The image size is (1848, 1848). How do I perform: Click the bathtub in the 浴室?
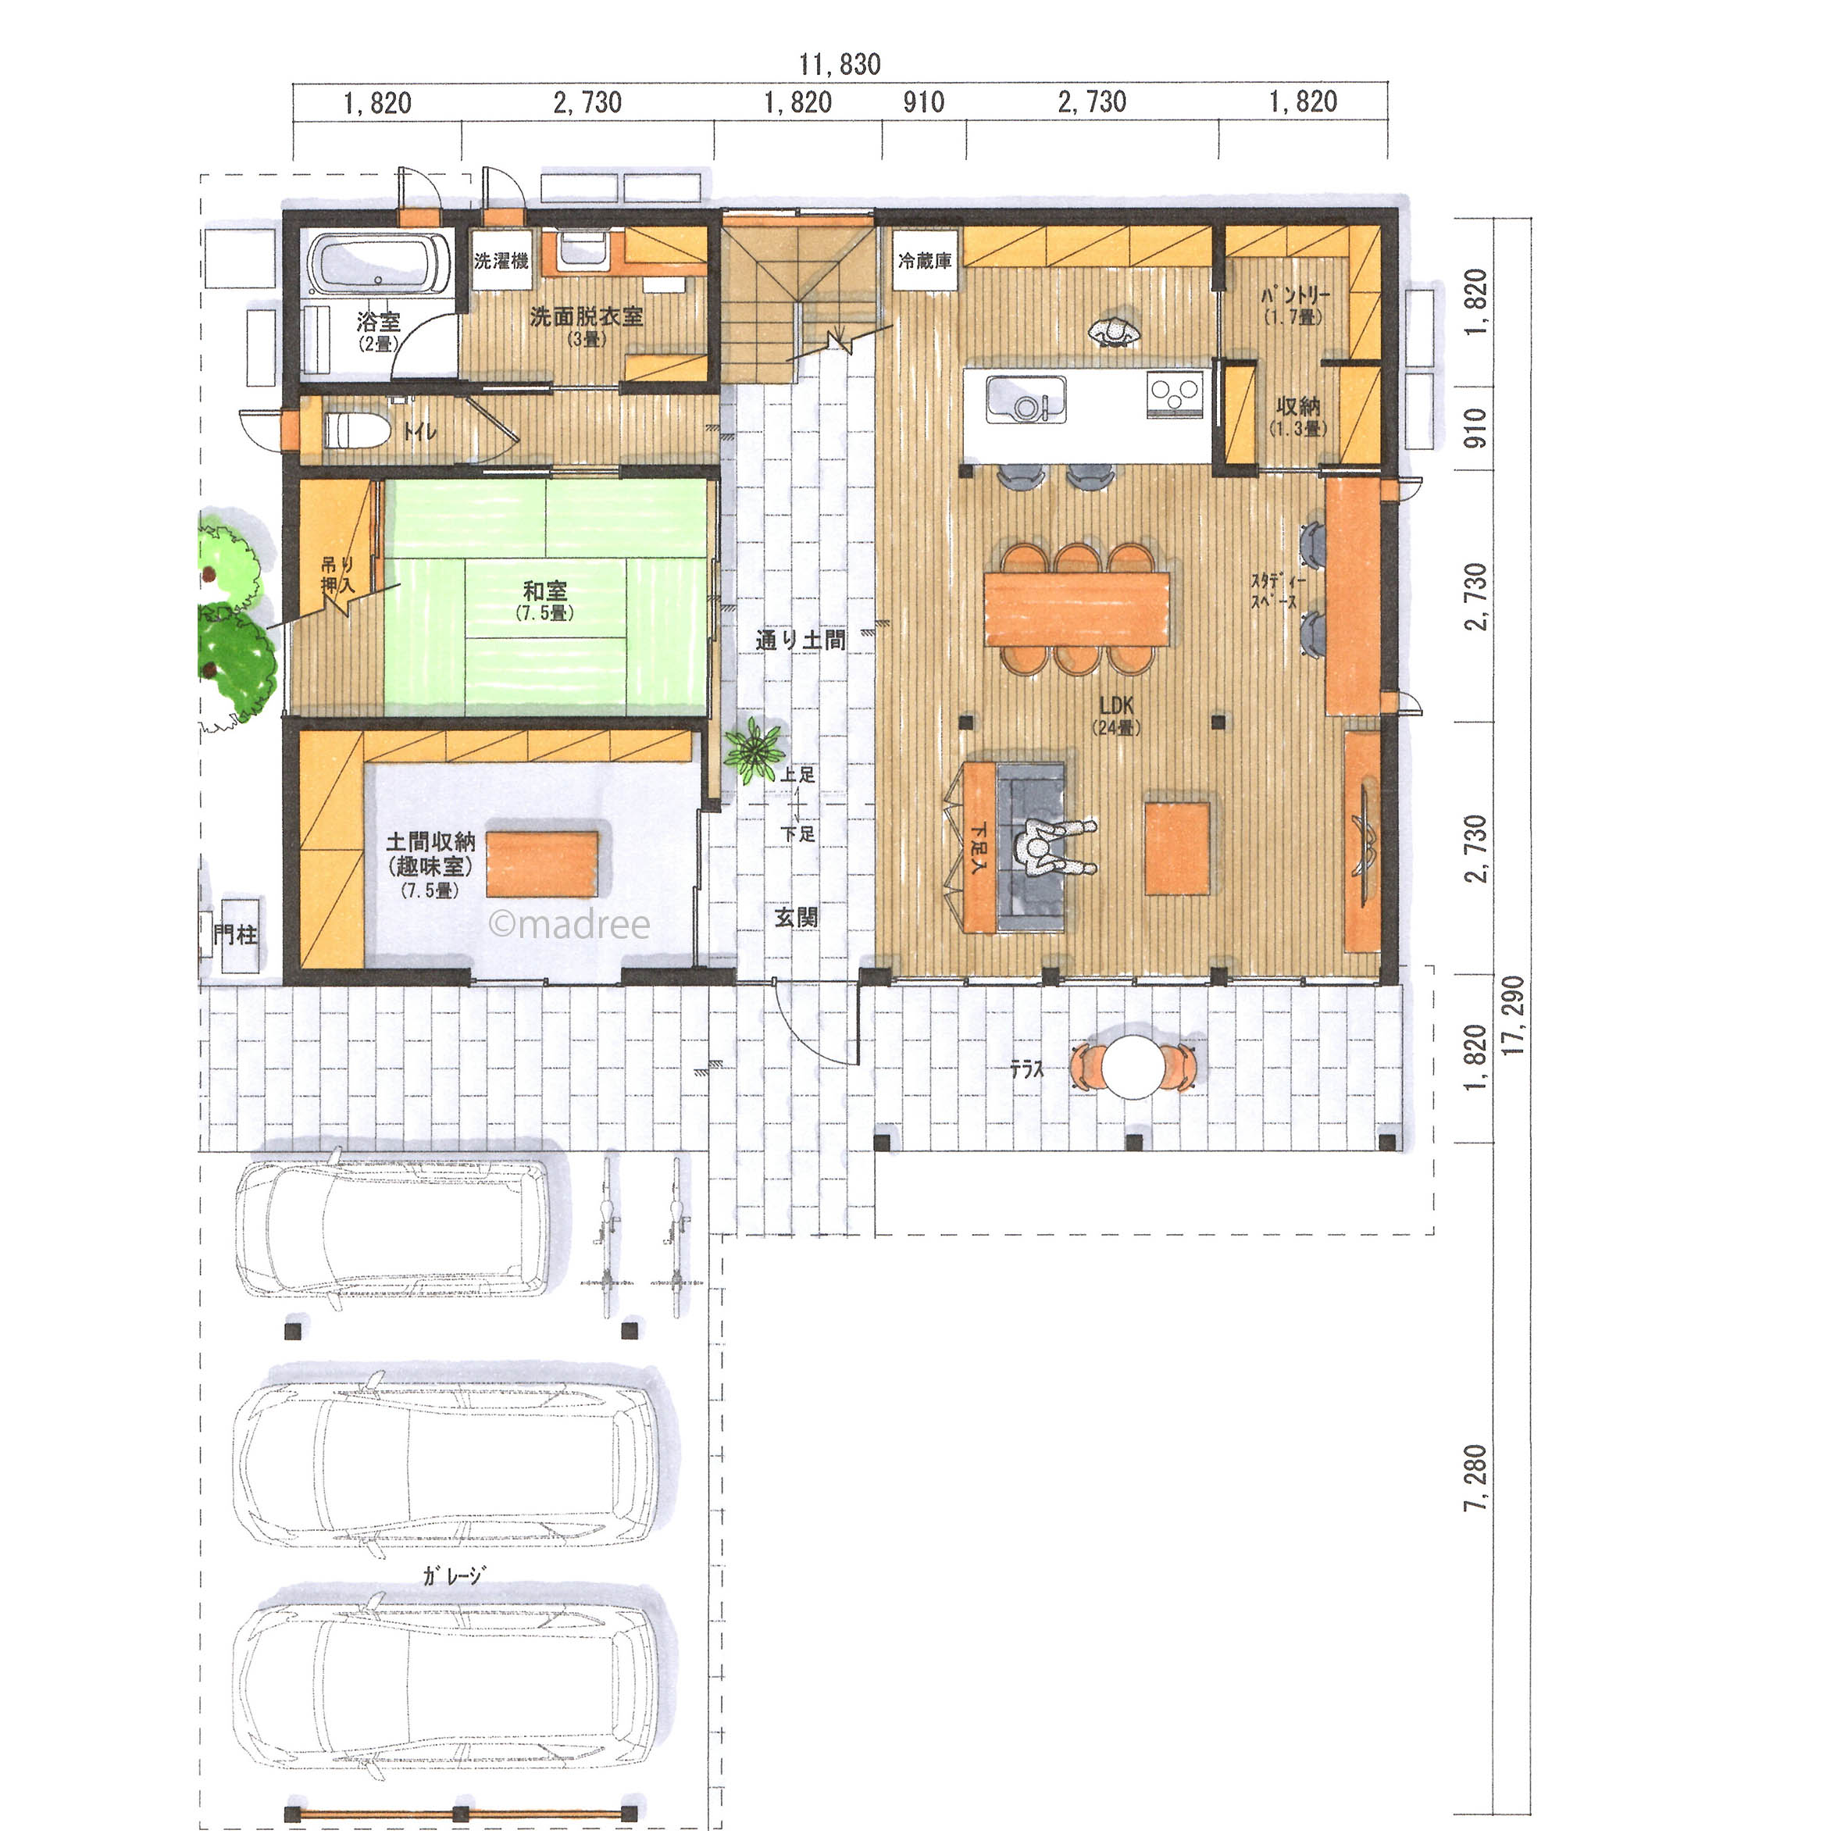[x=380, y=263]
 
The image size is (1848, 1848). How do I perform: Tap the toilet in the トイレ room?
[x=356, y=430]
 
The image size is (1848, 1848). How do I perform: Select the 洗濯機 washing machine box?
[x=501, y=259]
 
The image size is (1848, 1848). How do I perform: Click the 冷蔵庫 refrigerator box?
[x=926, y=259]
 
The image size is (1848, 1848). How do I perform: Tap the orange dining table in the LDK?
[x=1077, y=609]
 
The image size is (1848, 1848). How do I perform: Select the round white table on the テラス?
[x=1133, y=1066]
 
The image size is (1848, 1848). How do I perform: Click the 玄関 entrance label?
[x=796, y=917]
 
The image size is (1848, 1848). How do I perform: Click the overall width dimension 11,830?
[x=840, y=64]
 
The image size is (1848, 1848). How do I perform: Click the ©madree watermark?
[x=569, y=924]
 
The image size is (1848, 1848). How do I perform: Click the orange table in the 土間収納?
[x=542, y=864]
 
